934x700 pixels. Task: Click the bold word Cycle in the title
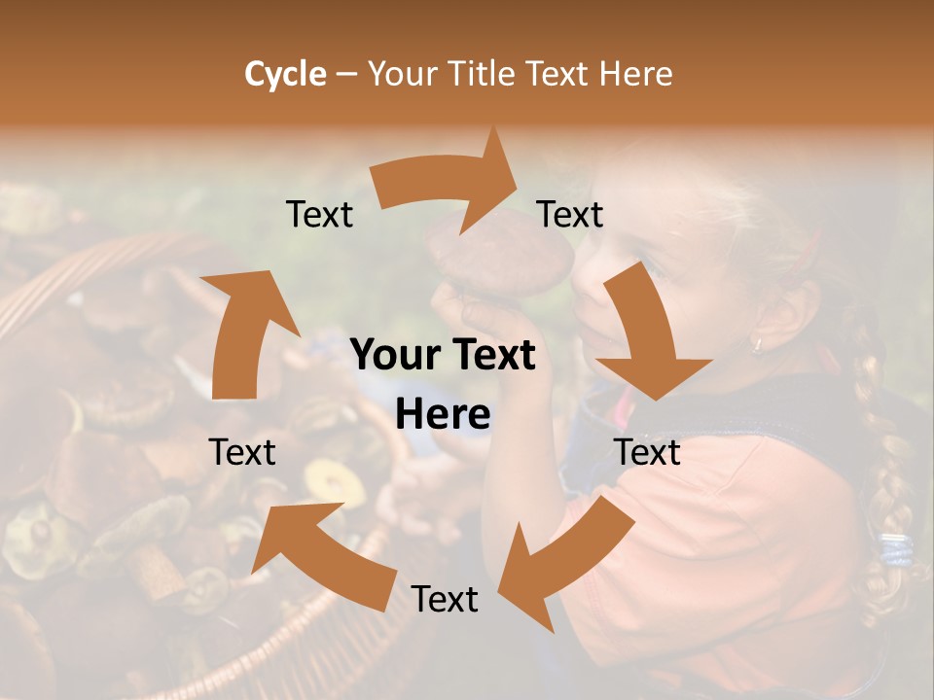(285, 74)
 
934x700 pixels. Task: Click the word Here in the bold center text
(443, 415)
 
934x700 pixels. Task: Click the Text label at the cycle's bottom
(444, 599)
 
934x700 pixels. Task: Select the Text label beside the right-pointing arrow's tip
(570, 214)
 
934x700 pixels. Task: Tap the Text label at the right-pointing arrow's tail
(319, 214)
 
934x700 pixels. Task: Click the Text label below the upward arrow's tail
(243, 452)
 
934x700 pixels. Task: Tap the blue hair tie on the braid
(895, 549)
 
